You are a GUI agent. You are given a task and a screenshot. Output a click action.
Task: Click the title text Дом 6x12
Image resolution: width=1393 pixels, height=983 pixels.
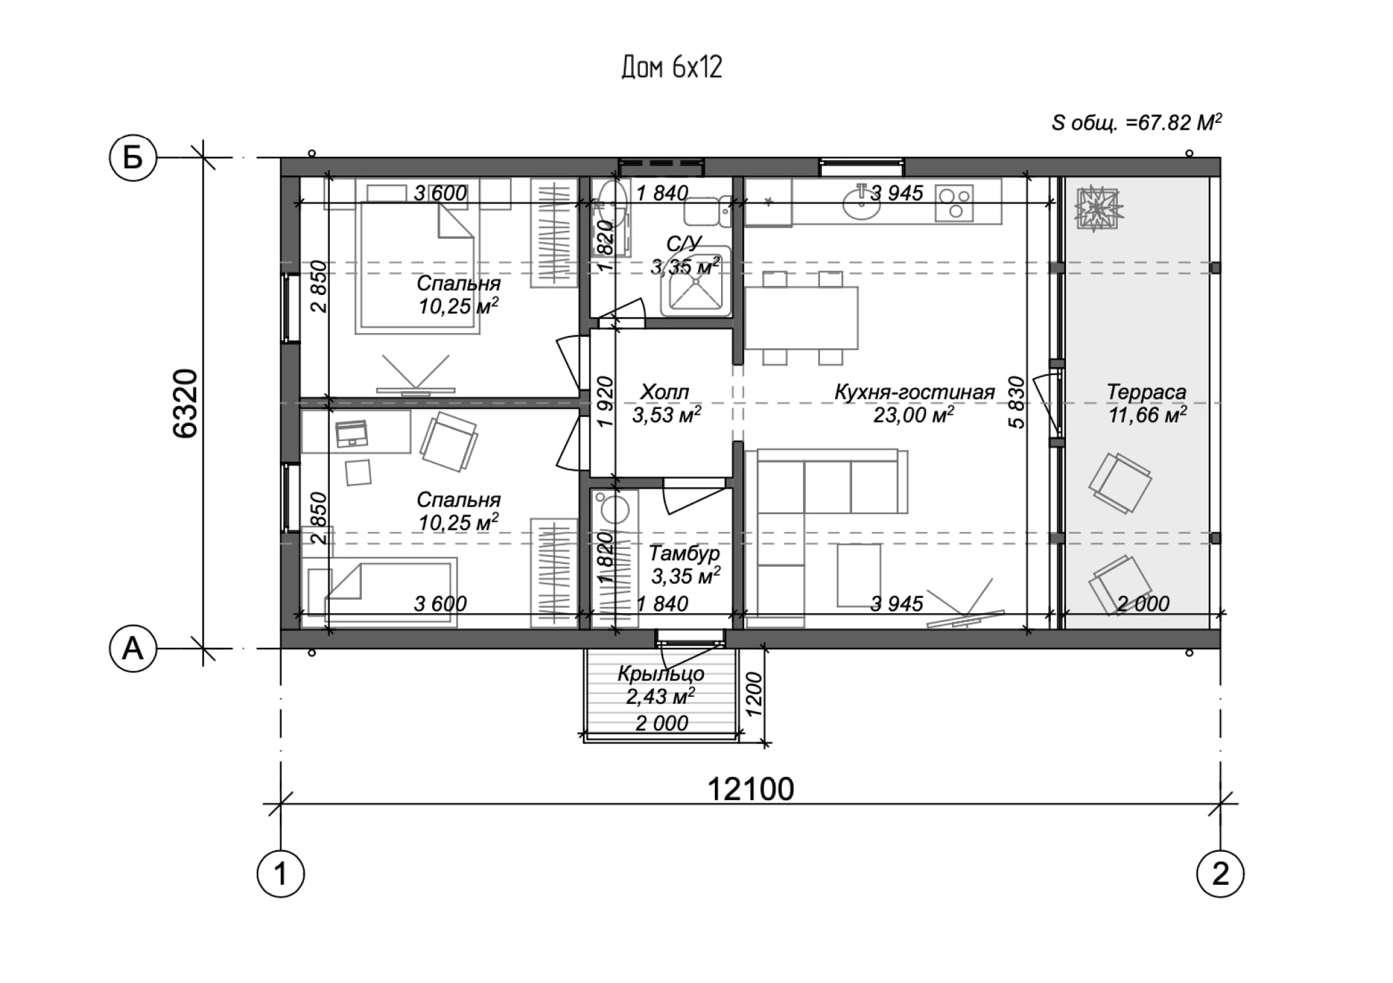tap(671, 68)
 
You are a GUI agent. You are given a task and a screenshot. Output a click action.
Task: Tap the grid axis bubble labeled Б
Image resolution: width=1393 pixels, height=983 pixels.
tap(133, 158)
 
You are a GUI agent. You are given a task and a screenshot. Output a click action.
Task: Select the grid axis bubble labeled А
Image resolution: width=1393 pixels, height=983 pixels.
tap(133, 649)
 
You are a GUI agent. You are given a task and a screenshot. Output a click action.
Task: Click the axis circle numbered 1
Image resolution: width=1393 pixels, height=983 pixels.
tap(281, 874)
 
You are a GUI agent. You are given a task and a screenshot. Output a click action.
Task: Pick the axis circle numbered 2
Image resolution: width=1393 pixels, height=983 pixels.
tap(1220, 874)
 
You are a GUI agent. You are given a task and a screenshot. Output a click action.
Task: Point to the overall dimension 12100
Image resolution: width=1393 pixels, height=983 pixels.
tap(750, 789)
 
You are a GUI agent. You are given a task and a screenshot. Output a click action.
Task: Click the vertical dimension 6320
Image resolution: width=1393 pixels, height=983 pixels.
tap(185, 403)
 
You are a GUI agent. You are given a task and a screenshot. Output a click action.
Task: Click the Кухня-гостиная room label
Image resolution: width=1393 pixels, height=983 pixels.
tap(914, 393)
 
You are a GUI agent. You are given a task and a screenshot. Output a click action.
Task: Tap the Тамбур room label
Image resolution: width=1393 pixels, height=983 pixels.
tap(684, 553)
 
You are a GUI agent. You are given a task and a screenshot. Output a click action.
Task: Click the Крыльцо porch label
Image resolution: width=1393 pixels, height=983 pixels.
tap(661, 674)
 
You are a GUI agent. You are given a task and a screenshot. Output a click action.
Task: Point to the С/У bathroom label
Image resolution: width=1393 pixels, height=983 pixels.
tap(684, 244)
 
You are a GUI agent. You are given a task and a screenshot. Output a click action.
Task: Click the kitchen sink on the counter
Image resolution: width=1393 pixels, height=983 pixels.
tap(862, 203)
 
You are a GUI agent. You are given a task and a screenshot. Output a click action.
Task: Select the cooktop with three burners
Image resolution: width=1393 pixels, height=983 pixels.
tap(953, 203)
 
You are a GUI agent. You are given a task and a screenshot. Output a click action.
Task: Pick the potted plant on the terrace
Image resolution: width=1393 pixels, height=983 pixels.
tap(1099, 208)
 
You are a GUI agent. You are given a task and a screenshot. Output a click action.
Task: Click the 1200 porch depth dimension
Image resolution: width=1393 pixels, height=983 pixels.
tap(753, 694)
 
